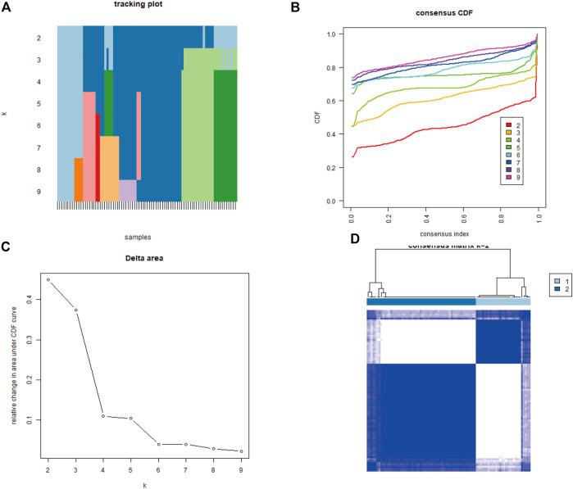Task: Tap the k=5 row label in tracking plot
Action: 39,104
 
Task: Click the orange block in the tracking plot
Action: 78,179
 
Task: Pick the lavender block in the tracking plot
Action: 128,190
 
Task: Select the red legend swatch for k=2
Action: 508,125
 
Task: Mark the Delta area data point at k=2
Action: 48,280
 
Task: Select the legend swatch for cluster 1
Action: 546,280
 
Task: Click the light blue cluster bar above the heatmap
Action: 503,301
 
